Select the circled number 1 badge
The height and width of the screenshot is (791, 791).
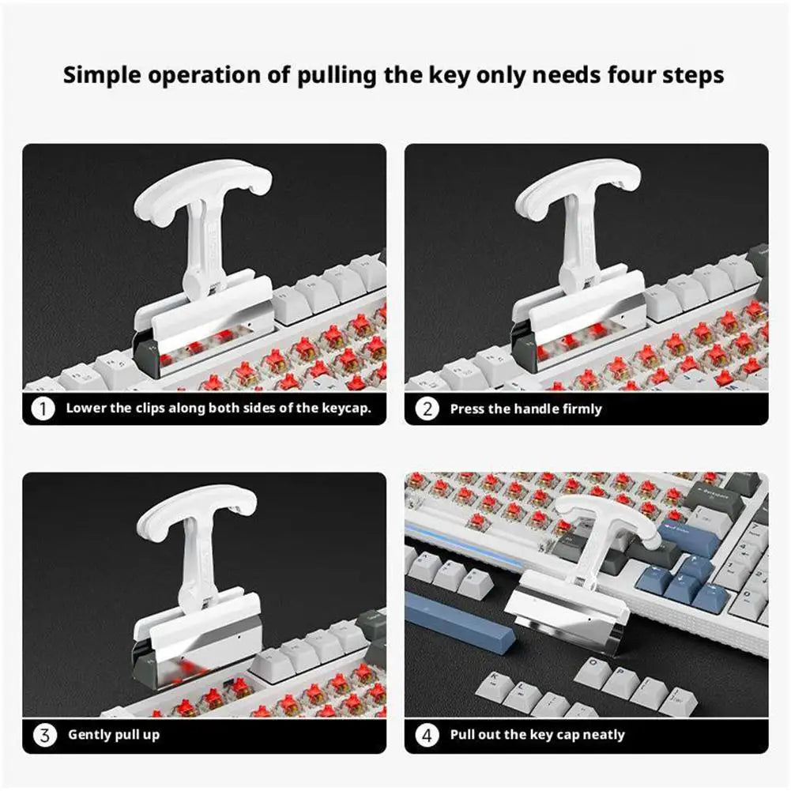coord(43,409)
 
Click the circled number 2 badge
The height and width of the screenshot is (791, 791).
coord(427,409)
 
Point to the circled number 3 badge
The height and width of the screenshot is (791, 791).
coord(44,735)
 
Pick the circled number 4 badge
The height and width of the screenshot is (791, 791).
coord(427,736)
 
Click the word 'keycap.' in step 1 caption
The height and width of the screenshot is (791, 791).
coord(347,409)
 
